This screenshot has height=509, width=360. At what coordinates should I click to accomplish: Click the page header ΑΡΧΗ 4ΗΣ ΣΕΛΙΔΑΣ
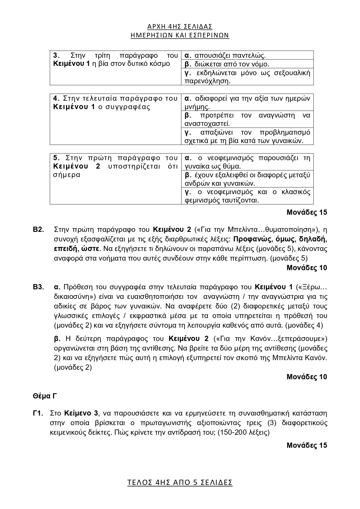180,27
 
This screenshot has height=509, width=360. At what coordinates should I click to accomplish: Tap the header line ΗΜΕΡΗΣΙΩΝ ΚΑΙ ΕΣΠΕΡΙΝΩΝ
180,35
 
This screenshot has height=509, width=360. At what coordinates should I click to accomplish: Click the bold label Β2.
38,230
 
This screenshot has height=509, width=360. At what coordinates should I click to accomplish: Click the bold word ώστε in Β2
92,249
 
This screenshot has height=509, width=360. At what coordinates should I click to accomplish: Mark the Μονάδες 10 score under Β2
307,268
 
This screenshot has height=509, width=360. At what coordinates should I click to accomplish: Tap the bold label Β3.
38,287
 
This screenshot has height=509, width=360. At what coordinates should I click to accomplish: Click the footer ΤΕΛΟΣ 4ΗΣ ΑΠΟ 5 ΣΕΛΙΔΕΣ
180,483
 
